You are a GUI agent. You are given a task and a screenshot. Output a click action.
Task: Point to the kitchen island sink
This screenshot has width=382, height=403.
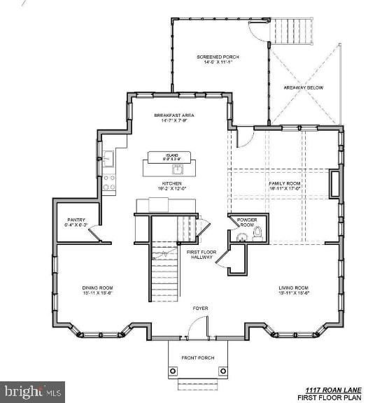(178, 169)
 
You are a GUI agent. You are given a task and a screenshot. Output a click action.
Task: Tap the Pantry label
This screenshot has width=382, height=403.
(76, 222)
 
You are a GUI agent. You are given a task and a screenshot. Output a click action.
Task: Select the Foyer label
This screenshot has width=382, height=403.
(201, 307)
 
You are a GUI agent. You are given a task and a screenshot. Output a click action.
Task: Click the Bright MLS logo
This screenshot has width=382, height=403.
(33, 391)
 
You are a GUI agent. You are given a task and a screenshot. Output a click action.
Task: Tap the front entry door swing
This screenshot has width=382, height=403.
(200, 325)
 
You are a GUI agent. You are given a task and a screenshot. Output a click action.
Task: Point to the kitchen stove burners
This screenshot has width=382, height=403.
(109, 183)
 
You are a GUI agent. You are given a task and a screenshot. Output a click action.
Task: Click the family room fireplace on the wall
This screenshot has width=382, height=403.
(334, 184)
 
